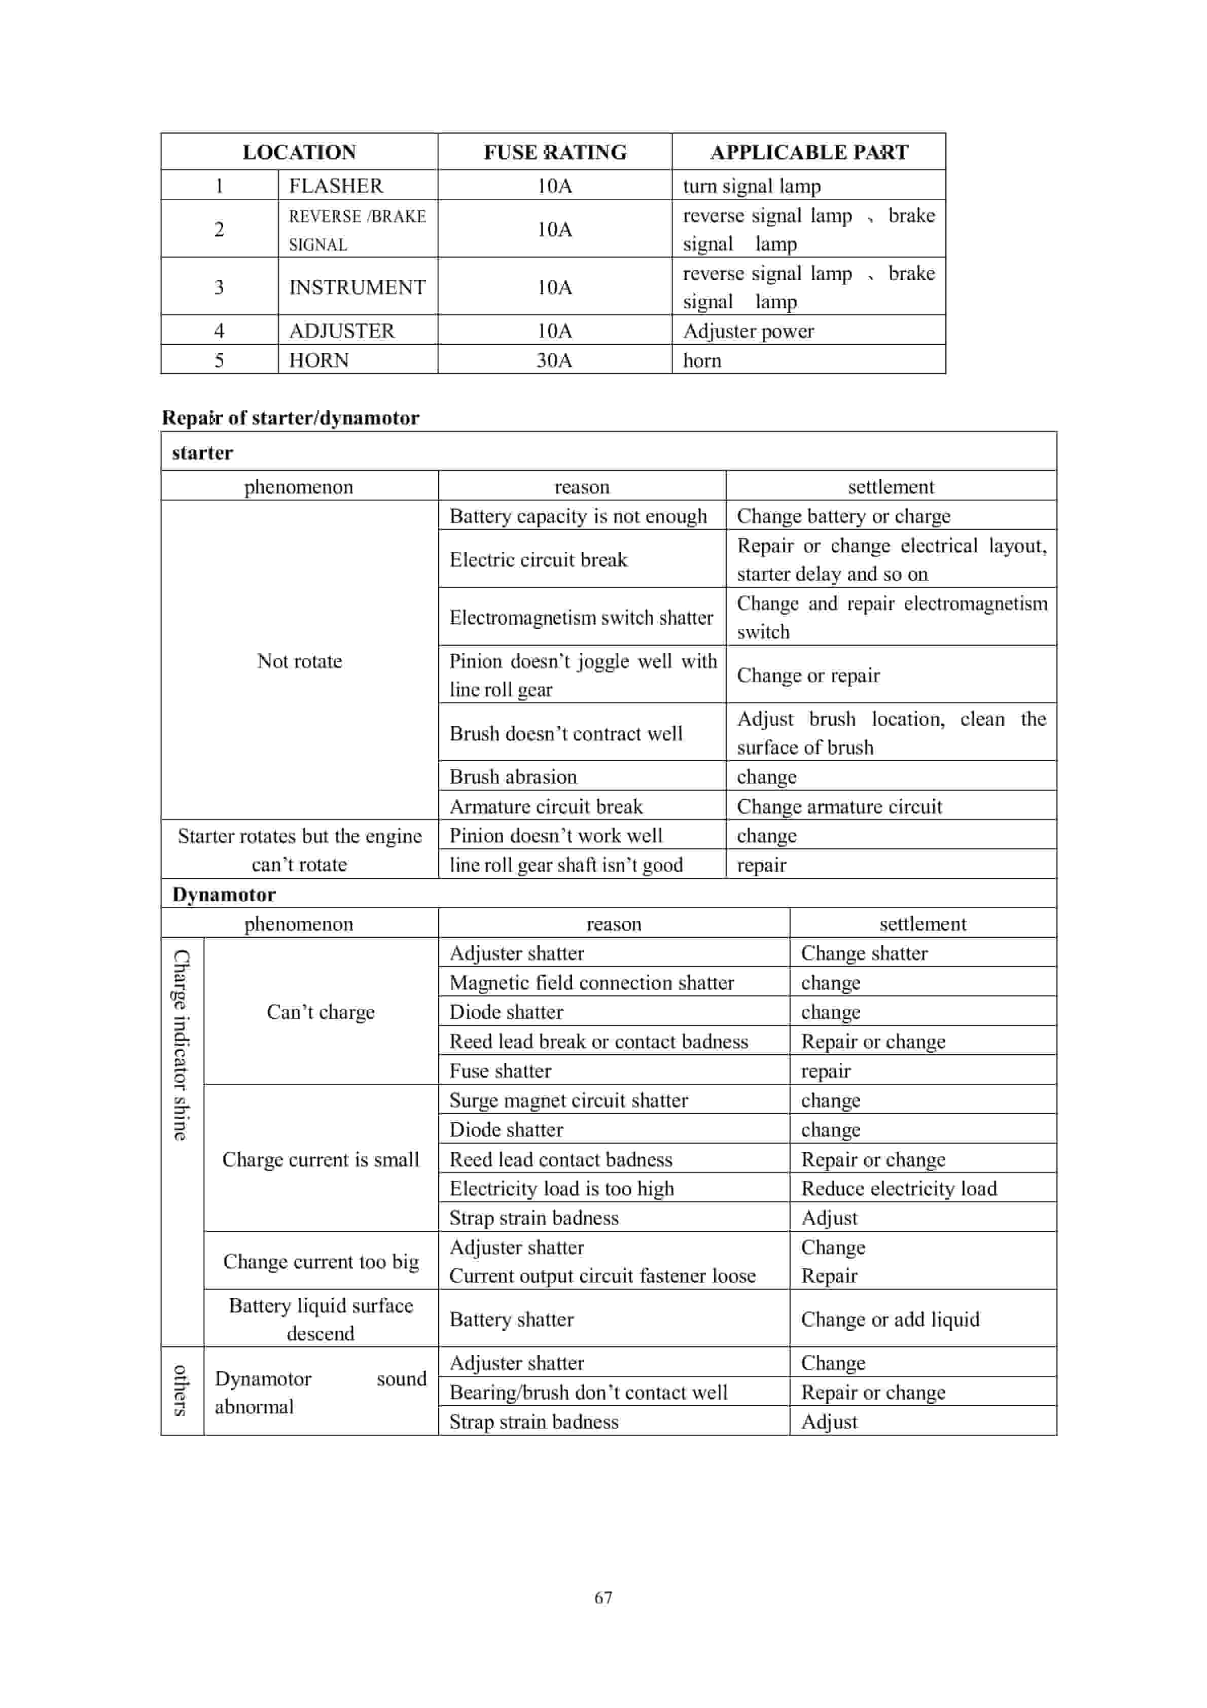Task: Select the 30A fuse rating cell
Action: tap(554, 360)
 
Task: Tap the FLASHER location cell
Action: tap(336, 185)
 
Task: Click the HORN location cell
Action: tap(318, 360)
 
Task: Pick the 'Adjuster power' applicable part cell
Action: tap(748, 331)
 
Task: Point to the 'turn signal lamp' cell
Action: tap(752, 186)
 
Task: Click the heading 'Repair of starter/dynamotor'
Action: tap(290, 417)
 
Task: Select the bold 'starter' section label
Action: tap(202, 452)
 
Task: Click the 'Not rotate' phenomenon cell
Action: tap(299, 661)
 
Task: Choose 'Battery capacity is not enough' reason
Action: tap(578, 516)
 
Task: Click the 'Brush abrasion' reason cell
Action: tap(513, 776)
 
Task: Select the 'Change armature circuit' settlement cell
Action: tap(839, 806)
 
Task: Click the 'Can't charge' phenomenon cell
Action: tap(321, 1012)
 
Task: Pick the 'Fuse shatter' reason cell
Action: tap(500, 1071)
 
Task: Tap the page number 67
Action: tap(603, 1597)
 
